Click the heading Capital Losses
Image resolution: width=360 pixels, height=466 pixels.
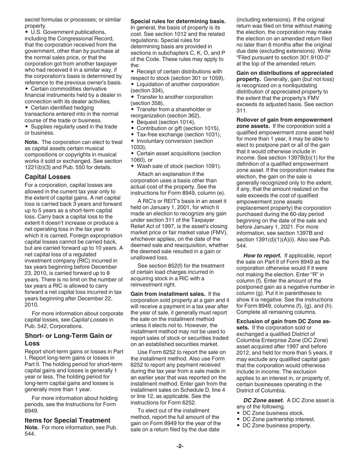point(47,177)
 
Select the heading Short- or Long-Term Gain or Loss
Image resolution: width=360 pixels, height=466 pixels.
point(68,339)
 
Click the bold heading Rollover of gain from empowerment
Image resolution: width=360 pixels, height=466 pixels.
point(284,120)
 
